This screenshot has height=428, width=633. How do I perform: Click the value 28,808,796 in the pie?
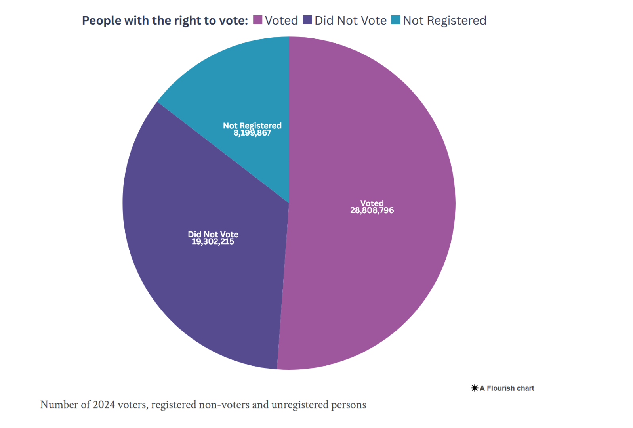tap(372, 211)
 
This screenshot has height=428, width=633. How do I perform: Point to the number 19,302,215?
tap(213, 242)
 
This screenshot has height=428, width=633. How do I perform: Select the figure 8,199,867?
tap(252, 133)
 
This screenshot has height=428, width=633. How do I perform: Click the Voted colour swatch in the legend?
tap(258, 20)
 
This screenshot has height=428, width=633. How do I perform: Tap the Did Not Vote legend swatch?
tap(307, 20)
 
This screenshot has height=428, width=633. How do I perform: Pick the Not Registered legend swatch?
tap(396, 20)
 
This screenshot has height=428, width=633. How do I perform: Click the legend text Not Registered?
tap(444, 21)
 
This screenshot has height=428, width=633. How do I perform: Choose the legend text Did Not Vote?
tap(351, 21)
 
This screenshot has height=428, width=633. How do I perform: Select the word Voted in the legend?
tap(281, 21)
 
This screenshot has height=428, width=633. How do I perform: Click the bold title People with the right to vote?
tap(165, 21)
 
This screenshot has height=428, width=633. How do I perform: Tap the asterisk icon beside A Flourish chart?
tap(475, 388)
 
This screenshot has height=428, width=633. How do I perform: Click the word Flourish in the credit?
tap(500, 388)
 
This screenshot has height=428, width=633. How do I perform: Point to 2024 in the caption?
tap(104, 405)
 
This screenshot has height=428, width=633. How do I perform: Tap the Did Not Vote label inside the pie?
tap(213, 234)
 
